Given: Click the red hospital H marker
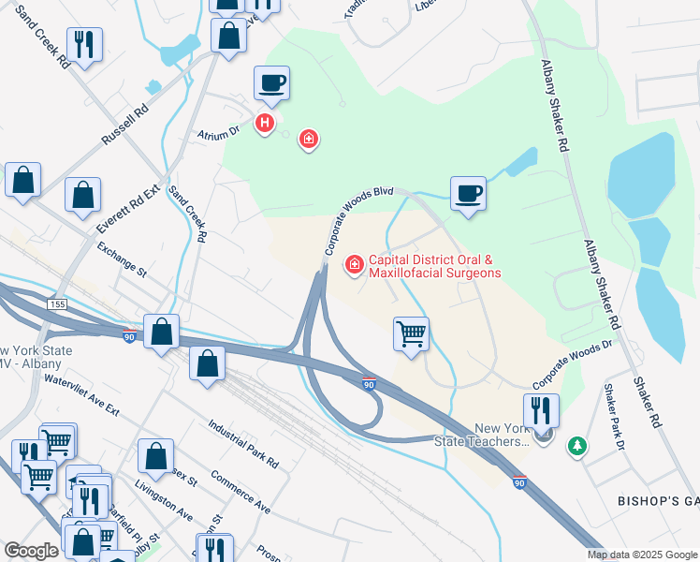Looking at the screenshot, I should [266, 123].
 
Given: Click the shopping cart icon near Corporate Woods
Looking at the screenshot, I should [411, 333].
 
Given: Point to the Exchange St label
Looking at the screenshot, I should [122, 260].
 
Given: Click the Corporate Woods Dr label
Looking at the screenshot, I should [572, 365].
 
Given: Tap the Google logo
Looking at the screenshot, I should [31, 551].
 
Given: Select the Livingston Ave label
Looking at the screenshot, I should [164, 502].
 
